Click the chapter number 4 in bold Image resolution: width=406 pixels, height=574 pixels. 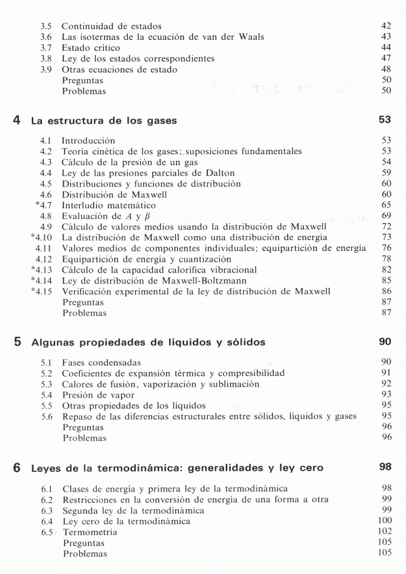[16, 121]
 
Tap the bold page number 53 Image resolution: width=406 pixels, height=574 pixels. [384, 120]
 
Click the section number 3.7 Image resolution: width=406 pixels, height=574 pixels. [47, 48]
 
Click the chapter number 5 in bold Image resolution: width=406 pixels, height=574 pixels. [16, 342]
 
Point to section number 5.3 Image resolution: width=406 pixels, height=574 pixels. [47, 383]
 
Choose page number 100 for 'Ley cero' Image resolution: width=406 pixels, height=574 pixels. [384, 521]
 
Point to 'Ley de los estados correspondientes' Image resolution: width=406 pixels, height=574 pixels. [138, 59]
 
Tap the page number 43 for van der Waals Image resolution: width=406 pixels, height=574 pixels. [386, 37]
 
